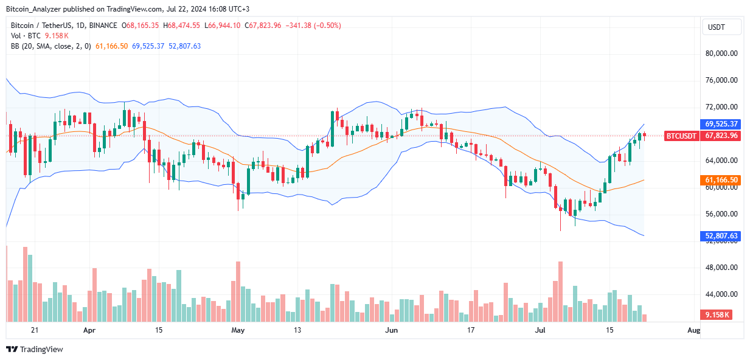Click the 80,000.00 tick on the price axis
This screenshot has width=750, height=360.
pos(721,54)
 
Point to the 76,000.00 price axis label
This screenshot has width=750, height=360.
pos(721,80)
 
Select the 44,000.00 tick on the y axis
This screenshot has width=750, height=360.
pos(721,294)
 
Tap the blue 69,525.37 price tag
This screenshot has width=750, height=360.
pos(721,123)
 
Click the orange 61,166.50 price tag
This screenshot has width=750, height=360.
pos(721,181)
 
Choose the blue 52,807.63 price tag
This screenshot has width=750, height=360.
pos(721,236)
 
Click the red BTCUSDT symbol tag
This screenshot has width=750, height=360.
pos(681,136)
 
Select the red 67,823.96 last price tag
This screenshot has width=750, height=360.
pos(721,136)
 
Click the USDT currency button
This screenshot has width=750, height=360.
pos(721,27)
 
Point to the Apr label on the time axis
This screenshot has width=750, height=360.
pos(89,331)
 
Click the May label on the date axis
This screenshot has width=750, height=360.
pos(238,331)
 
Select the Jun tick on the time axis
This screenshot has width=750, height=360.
pos(392,331)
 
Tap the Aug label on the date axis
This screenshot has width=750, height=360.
pos(693,331)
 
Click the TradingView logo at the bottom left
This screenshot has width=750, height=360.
pos(35,349)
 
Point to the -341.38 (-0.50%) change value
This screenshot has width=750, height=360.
pos(313,26)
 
